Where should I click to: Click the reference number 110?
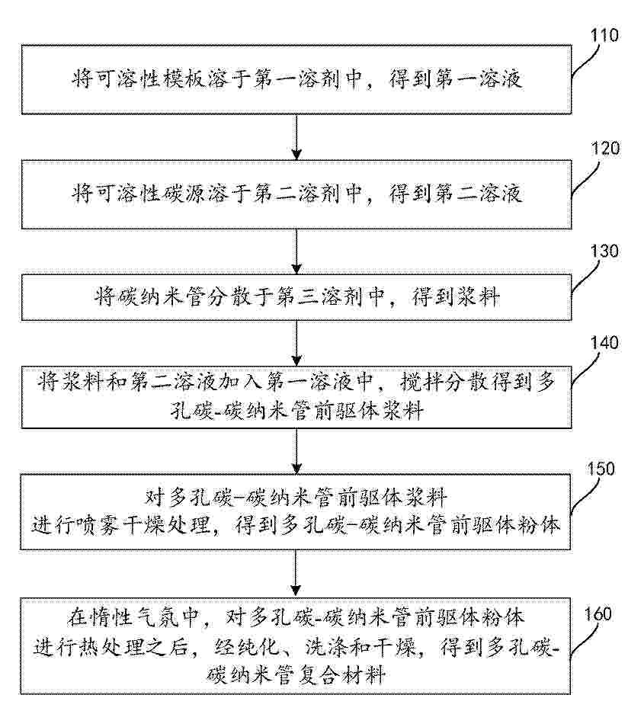click(x=604, y=35)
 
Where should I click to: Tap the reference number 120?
click(x=605, y=149)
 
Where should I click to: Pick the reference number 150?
click(x=601, y=468)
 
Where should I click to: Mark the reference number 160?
click(x=598, y=614)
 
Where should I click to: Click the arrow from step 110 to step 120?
click(x=296, y=137)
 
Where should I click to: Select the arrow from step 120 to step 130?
click(x=296, y=251)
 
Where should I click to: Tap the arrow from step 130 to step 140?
click(x=296, y=343)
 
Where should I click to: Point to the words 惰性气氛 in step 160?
click(x=133, y=617)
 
